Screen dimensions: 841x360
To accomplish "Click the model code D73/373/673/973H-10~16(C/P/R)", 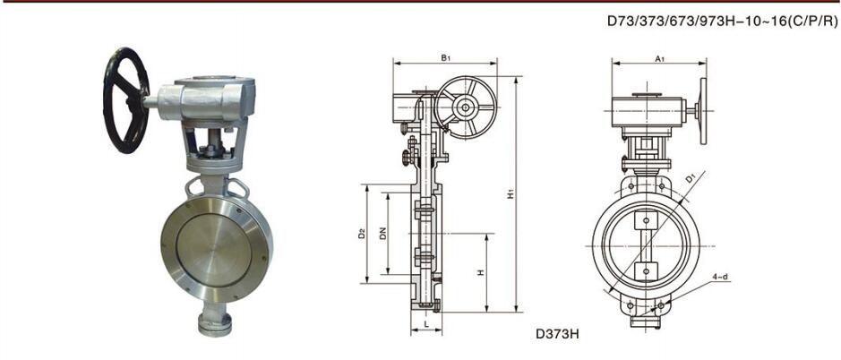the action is pyautogui.click(x=722, y=22).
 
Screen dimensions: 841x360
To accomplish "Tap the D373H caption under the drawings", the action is pyautogui.click(x=558, y=333).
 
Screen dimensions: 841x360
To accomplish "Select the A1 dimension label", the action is pyautogui.click(x=660, y=58).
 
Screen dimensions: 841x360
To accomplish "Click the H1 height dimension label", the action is pyautogui.click(x=511, y=193).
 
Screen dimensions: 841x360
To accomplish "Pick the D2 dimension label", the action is pyautogui.click(x=362, y=234).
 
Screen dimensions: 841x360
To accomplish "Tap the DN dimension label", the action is pyautogui.click(x=382, y=234).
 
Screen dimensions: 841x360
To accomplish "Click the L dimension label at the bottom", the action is pyautogui.click(x=426, y=324).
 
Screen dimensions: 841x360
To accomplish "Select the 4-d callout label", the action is pyautogui.click(x=721, y=277).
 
